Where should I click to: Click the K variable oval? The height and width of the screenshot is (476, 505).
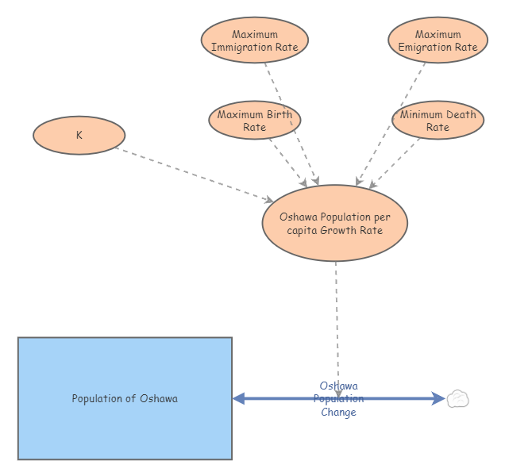(79, 135)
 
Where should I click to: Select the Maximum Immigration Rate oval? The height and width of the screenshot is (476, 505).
(254, 40)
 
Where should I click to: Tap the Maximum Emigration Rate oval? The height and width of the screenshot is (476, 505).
(438, 40)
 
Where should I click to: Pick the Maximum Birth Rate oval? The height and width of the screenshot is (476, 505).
(254, 121)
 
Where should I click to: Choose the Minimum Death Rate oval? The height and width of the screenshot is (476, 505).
(438, 121)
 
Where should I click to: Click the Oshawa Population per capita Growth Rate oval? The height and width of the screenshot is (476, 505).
(334, 223)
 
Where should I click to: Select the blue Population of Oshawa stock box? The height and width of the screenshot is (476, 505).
(125, 398)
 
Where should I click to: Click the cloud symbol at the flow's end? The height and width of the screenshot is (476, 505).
(457, 398)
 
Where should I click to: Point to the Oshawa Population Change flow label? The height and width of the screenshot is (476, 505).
(338, 399)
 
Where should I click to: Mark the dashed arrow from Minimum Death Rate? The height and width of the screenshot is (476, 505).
(395, 163)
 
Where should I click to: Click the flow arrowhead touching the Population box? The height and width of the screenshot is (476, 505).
(239, 398)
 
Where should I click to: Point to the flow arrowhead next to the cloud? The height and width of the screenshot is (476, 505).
(438, 398)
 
